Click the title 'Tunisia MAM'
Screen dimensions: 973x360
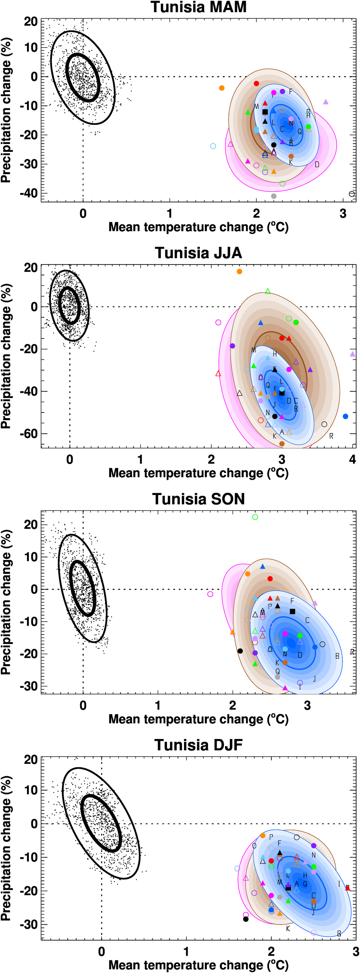tap(198, 7)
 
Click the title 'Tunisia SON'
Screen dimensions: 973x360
tap(198, 499)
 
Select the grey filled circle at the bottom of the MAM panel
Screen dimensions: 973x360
tap(274, 196)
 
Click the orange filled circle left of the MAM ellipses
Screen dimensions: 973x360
tap(222, 88)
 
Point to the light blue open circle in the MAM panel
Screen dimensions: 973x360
tap(213, 146)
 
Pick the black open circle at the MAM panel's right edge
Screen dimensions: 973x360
tap(352, 194)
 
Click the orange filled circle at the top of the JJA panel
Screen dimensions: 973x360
tap(239, 271)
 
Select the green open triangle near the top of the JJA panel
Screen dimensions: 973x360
tap(268, 291)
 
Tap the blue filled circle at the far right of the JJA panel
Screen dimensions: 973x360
tap(345, 416)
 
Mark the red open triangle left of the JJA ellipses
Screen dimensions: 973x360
tap(218, 374)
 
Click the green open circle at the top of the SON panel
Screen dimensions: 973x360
tap(255, 517)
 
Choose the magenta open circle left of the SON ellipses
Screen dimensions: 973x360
tap(210, 594)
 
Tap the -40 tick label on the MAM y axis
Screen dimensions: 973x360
tap(29, 193)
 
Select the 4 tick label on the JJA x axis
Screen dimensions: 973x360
tap(352, 459)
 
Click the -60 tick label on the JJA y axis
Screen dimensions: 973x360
tap(29, 434)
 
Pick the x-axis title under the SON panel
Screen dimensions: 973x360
tap(198, 719)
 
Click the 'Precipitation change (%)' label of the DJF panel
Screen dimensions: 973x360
tap(6, 848)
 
